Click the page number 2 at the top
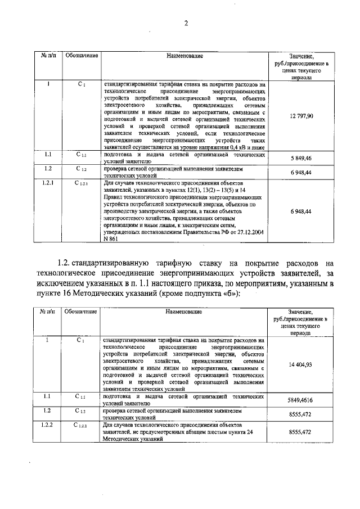point(184,23)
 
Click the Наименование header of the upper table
point(184,56)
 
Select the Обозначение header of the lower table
point(82,311)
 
